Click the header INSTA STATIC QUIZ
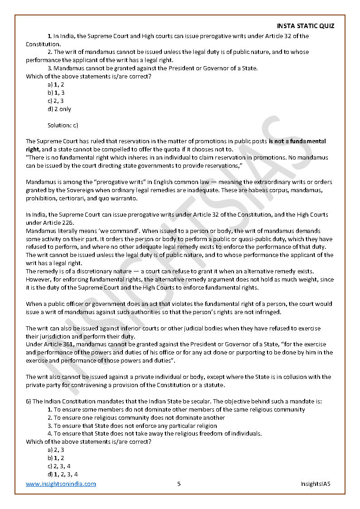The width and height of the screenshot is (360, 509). tap(305, 26)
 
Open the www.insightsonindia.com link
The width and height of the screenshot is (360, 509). tap(61, 484)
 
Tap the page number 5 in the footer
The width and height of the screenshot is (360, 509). tap(179, 484)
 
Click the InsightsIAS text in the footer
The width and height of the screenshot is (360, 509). tap(316, 484)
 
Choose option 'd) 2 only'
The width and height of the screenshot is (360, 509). tap(59, 109)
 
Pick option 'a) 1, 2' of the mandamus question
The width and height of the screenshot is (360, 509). tap(56, 84)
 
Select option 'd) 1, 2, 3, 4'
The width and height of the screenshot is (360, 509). tap(63, 474)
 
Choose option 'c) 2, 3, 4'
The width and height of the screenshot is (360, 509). tap(59, 466)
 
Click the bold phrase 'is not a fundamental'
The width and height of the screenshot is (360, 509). tap(297, 141)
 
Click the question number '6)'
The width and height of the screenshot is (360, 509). tap(28, 401)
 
